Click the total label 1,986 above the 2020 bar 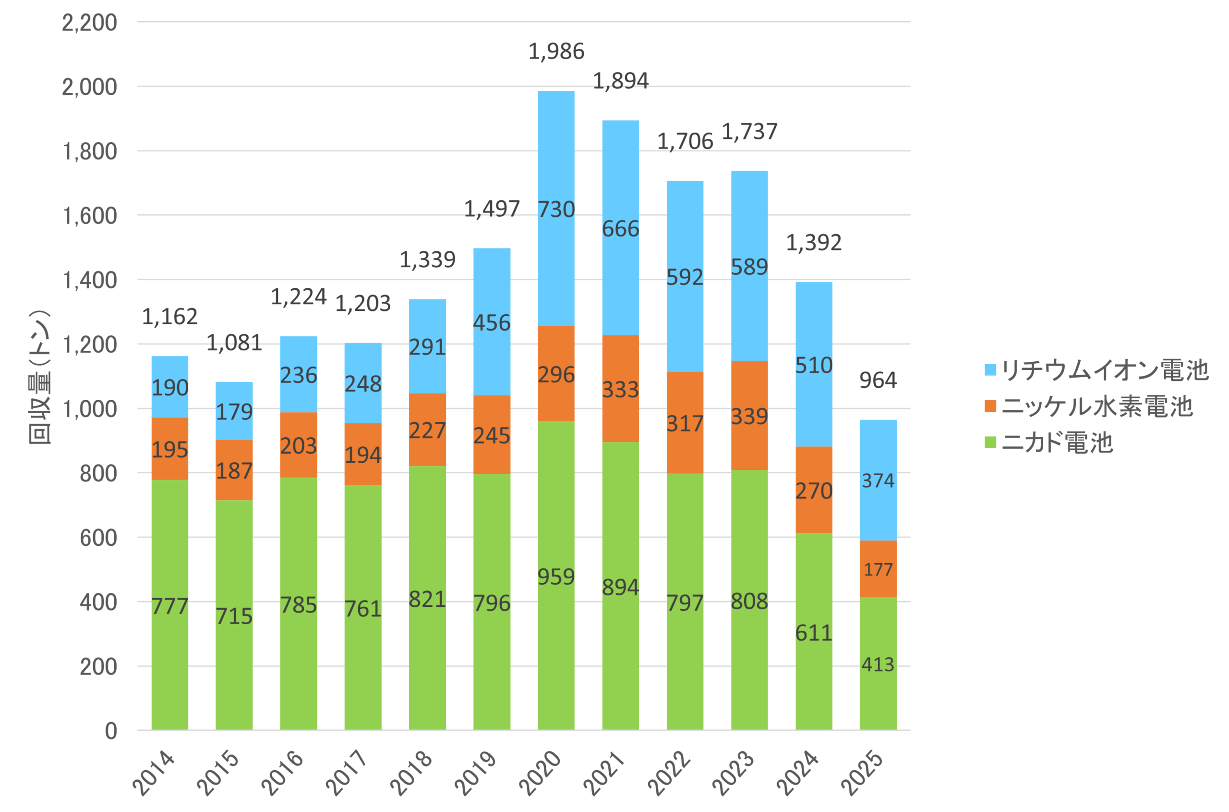coord(556,52)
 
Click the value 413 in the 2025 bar coord(878,664)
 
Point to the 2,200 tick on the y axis coord(89,23)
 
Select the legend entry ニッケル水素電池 coord(1089,406)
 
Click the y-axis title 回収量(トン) coord(40,377)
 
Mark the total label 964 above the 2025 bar coord(878,380)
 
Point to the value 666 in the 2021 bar coord(620,229)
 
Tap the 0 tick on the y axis coord(111,731)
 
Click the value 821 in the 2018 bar coord(427,599)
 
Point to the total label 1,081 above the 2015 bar coord(234,343)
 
